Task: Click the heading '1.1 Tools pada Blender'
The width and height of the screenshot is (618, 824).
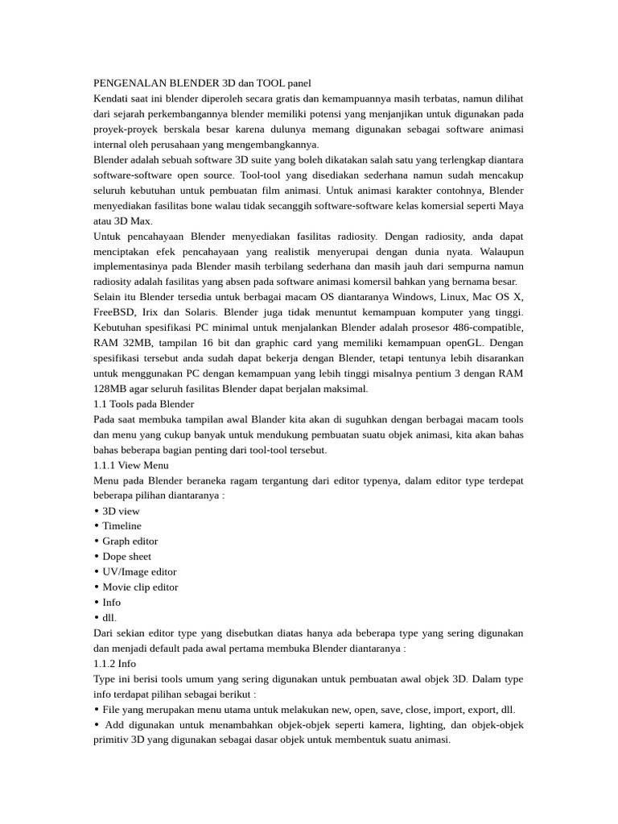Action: tap(143, 404)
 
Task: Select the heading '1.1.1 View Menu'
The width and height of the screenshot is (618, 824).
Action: tap(131, 465)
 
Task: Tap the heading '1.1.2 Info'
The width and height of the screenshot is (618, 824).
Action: tap(115, 664)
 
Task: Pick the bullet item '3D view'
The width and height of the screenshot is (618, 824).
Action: tap(121, 511)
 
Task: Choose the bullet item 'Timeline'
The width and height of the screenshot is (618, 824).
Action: tap(122, 526)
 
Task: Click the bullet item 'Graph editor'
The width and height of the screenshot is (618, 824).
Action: tap(130, 542)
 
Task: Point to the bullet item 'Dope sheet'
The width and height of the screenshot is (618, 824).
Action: tap(126, 557)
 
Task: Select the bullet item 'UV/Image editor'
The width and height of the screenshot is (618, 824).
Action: tap(139, 572)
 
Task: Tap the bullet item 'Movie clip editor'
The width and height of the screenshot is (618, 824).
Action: tap(140, 587)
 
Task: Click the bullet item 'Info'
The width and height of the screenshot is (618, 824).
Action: tap(111, 603)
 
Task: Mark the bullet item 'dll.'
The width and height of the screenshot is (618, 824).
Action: tap(109, 618)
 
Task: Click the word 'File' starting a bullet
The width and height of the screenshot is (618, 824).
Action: tap(112, 710)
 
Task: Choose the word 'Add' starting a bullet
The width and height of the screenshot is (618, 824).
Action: tap(114, 725)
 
